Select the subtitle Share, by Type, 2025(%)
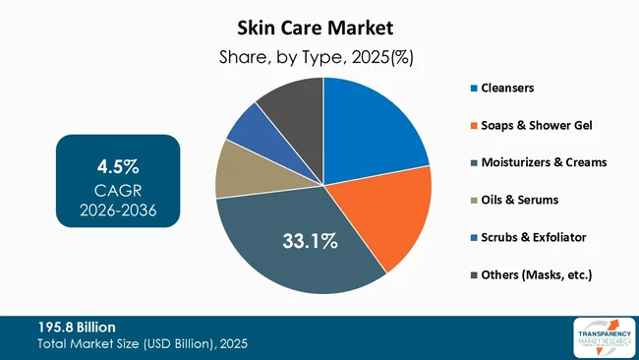point(319,57)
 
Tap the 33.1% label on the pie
point(307,239)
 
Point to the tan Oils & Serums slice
point(236,169)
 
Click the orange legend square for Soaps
point(472,125)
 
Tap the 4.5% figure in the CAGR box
point(118,161)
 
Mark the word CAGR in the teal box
point(118,189)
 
